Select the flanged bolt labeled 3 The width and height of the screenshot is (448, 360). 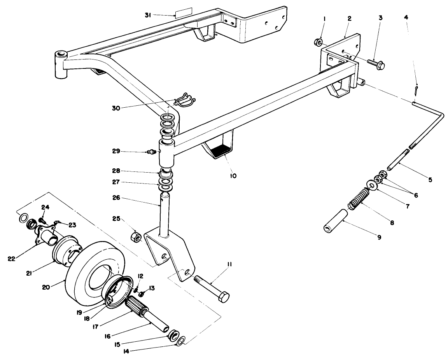tap(375, 63)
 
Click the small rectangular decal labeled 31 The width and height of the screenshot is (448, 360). tap(182, 14)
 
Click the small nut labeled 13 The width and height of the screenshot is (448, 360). tap(142, 294)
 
